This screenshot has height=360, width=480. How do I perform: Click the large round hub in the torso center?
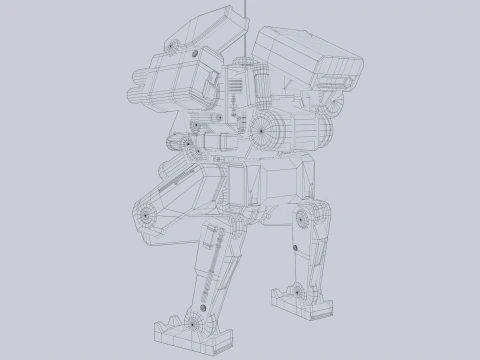pyautogui.click(x=266, y=127)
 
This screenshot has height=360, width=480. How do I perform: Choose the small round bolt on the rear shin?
pyautogui.click(x=296, y=244)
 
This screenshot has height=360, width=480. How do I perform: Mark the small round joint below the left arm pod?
pyautogui.click(x=187, y=146)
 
